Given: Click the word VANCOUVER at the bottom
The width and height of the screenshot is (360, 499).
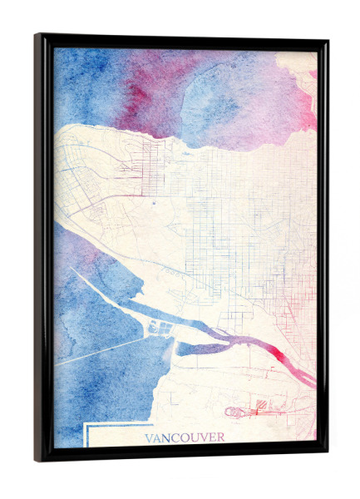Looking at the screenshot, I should [184, 437].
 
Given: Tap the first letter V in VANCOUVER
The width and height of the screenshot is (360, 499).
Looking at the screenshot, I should [149, 437].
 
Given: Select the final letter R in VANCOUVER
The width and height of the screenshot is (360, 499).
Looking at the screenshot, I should [219, 437].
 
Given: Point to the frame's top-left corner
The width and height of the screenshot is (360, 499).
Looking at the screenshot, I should [37, 36].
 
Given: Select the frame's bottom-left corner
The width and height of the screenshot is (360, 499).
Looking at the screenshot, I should [37, 459].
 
